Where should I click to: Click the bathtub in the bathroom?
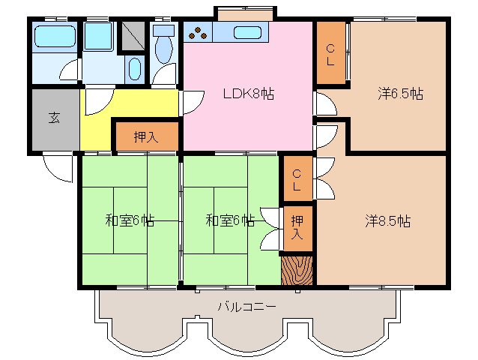coord(55,35)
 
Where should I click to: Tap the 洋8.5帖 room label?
coord(387,221)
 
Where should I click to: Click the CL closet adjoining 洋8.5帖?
coord(297,178)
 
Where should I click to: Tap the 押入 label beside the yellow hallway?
coord(145,136)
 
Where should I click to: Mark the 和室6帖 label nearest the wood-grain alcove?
coord(230,220)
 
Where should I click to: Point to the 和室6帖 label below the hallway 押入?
coord(130,220)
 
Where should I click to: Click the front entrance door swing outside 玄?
coord(55,166)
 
